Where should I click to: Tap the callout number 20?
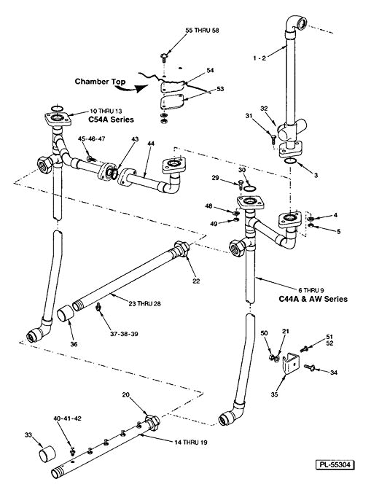[x=128, y=394]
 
